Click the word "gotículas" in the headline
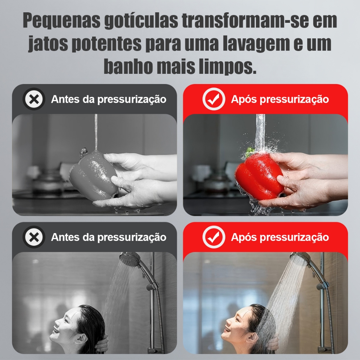141,21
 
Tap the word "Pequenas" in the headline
62,21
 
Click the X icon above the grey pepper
34,99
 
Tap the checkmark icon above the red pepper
214,99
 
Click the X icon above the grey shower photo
34,237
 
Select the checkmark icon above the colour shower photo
214,237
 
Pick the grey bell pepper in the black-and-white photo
94,176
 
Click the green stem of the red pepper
250,152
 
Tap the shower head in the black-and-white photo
129,259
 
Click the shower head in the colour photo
300,259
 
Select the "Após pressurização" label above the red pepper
280,99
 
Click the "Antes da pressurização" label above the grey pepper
109,99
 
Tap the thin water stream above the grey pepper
96,132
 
